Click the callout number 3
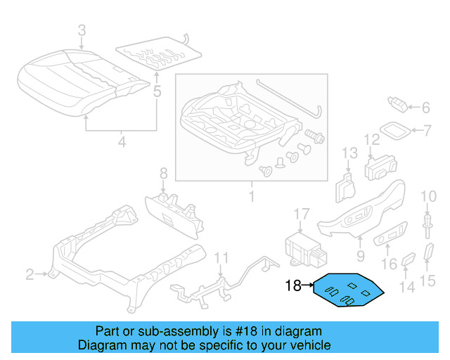coord(82,30)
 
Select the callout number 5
coord(157,91)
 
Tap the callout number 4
coord(122,143)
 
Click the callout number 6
coord(425,108)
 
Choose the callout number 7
coord(427,130)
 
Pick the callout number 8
coord(163,173)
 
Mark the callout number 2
coord(30,274)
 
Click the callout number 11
coord(221,258)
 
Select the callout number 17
coord(301,214)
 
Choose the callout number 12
coord(371,140)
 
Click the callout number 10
coord(428,195)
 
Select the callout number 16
coord(389,264)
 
